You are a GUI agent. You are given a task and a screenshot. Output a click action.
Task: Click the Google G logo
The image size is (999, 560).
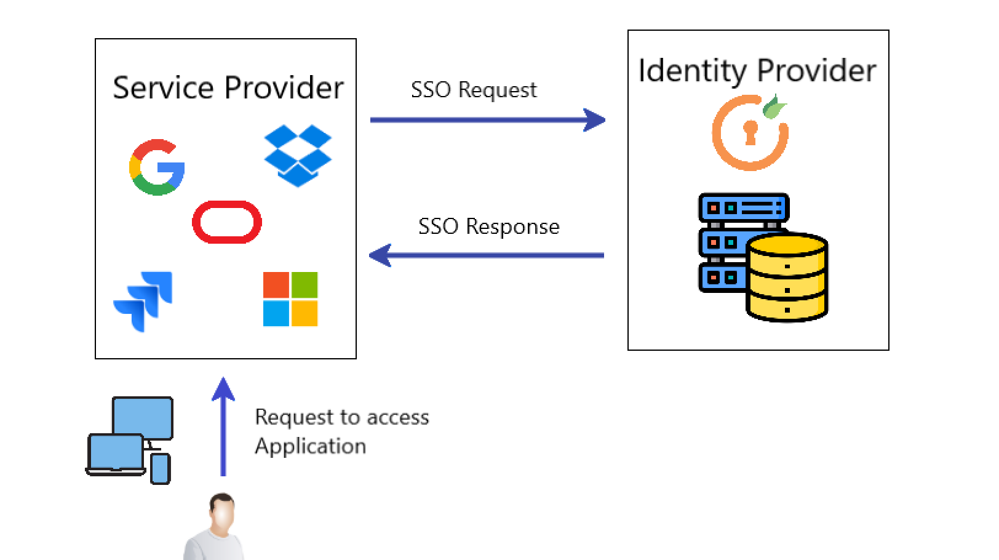[x=156, y=167]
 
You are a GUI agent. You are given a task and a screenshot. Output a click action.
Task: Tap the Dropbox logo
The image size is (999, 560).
[x=298, y=155]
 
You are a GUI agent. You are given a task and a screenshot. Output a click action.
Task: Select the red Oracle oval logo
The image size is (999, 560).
[x=227, y=222]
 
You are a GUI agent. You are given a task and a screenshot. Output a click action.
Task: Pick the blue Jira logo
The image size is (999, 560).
[x=143, y=301]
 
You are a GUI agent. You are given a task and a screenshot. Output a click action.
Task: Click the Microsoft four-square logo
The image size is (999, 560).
[x=290, y=299]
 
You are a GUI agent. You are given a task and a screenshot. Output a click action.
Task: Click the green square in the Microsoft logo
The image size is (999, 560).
[x=304, y=285]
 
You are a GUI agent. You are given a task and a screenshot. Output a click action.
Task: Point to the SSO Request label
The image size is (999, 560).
[x=474, y=90]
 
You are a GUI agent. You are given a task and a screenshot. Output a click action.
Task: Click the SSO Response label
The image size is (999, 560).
[x=488, y=226]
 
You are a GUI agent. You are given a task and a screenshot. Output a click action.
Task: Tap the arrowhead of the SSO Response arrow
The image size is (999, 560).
[x=380, y=255]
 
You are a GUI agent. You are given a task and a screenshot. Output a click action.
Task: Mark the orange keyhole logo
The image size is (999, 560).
[x=750, y=133]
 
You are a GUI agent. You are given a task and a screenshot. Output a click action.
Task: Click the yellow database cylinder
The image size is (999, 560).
[x=787, y=277]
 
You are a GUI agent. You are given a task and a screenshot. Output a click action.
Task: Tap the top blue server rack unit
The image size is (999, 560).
[x=744, y=208]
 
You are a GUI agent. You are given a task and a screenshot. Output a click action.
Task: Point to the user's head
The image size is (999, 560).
[x=222, y=511]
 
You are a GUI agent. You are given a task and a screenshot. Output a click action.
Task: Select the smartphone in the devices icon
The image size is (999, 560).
[x=161, y=469]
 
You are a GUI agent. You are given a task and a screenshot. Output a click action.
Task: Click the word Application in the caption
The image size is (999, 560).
[x=311, y=446]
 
